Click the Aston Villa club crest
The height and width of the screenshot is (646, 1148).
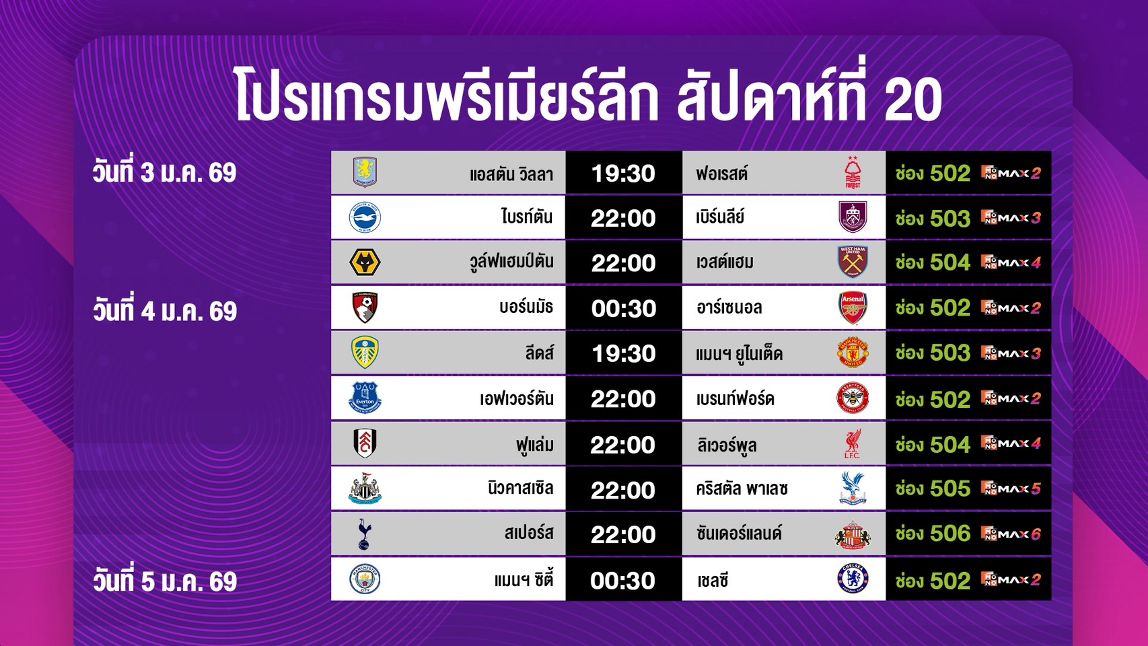pyautogui.click(x=365, y=172)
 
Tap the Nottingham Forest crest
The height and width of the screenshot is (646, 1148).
pyautogui.click(x=853, y=172)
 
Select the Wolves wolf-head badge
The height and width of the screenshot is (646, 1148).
pyautogui.click(x=365, y=262)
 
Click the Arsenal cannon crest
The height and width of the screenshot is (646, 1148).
pyautogui.click(x=853, y=308)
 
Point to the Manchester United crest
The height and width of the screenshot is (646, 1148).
pyautogui.click(x=853, y=353)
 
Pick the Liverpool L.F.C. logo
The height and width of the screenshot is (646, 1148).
pyautogui.click(x=853, y=443)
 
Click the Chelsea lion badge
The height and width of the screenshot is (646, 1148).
pyautogui.click(x=853, y=579)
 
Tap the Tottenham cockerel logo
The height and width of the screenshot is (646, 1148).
pyautogui.click(x=365, y=534)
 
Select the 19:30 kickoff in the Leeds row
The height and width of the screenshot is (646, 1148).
pyautogui.click(x=624, y=354)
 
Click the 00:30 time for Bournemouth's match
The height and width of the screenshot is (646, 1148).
pyautogui.click(x=624, y=309)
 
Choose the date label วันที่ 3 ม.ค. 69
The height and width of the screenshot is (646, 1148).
pyautogui.click(x=164, y=172)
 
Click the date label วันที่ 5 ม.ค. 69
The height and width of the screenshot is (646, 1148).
pyautogui.click(x=164, y=581)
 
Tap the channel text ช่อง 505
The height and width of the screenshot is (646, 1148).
pyautogui.click(x=933, y=489)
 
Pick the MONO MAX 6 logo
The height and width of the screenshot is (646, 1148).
pyautogui.click(x=1011, y=534)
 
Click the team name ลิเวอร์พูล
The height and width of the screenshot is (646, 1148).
pyautogui.click(x=727, y=445)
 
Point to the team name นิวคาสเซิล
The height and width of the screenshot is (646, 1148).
pyautogui.click(x=521, y=488)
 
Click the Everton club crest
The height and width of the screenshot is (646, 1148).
pyautogui.click(x=365, y=398)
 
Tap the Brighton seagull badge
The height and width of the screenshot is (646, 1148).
pyautogui.click(x=365, y=217)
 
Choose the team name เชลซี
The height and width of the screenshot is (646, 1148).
pyautogui.click(x=713, y=581)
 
